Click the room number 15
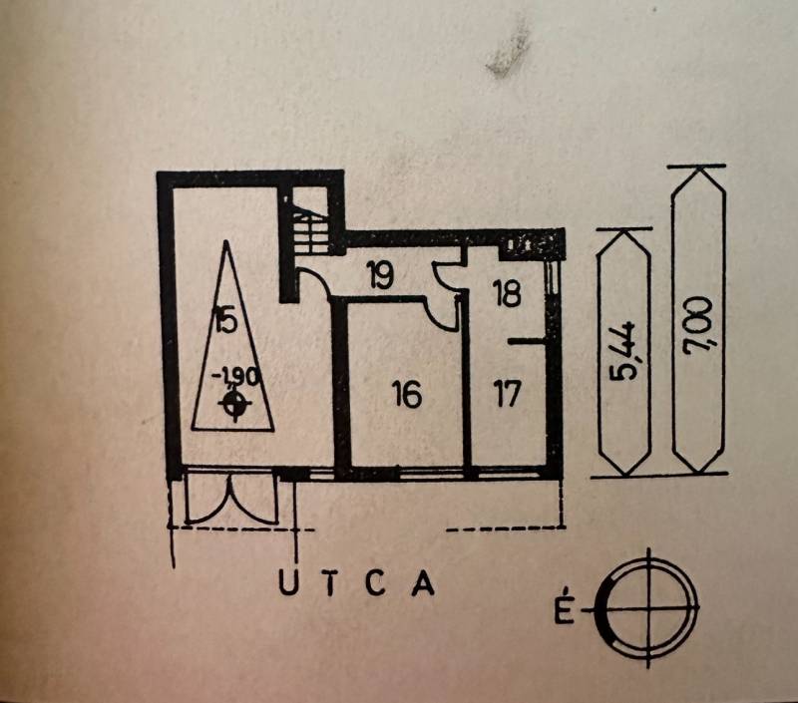click(224, 320)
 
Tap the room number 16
click(405, 396)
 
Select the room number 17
click(508, 395)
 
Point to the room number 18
click(508, 293)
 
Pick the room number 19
click(379, 276)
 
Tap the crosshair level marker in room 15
click(235, 403)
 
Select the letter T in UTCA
click(332, 583)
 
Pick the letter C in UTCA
click(377, 583)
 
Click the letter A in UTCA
click(423, 583)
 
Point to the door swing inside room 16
click(441, 311)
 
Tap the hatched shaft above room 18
click(529, 243)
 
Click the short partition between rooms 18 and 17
click(526, 342)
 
